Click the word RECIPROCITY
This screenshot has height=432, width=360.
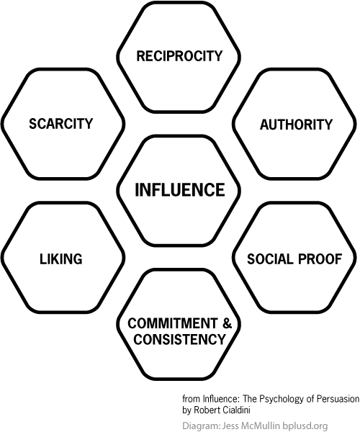(x=179, y=56)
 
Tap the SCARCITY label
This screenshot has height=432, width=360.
(x=61, y=123)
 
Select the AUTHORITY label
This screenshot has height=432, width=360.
(x=297, y=125)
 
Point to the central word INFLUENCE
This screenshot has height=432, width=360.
(x=180, y=190)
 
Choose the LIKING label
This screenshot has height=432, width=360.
(x=61, y=259)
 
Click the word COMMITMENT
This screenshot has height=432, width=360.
(x=172, y=323)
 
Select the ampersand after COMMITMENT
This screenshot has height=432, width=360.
(x=228, y=323)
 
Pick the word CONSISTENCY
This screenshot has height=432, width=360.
(x=179, y=339)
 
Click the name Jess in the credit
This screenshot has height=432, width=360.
(x=230, y=426)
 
